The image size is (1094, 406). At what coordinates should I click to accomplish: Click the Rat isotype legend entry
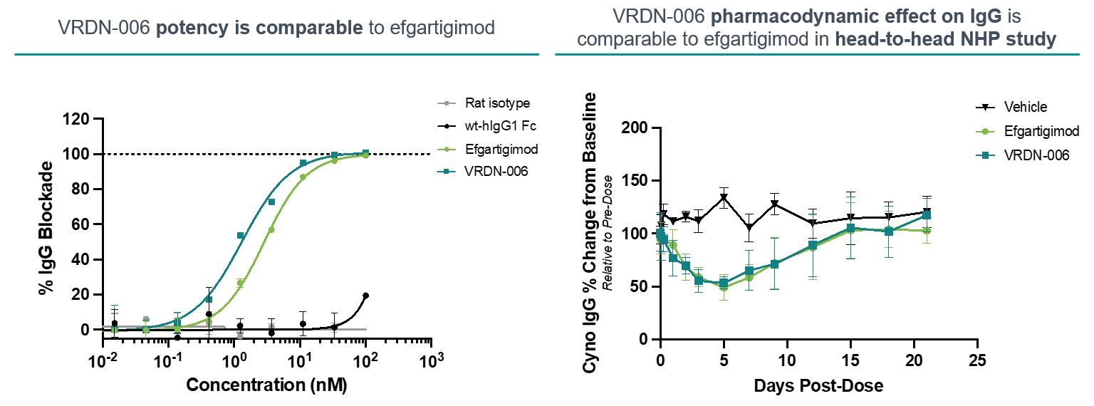tap(498, 103)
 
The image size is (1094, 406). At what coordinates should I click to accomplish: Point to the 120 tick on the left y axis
tap(76, 119)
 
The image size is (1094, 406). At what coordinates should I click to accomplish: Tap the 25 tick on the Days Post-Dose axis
tap(979, 361)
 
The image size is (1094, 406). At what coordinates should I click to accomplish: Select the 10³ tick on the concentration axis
tap(430, 361)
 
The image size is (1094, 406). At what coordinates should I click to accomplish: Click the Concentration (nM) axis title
tap(266, 386)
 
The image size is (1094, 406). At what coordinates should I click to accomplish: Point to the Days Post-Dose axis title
tap(818, 386)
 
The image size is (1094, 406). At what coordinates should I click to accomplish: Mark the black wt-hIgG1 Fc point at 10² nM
tap(365, 296)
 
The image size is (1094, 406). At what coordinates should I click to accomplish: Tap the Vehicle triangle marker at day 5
tap(724, 198)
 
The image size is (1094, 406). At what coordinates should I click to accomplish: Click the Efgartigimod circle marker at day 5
tap(724, 288)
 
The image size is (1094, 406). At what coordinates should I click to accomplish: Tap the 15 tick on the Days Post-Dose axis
tap(851, 361)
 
